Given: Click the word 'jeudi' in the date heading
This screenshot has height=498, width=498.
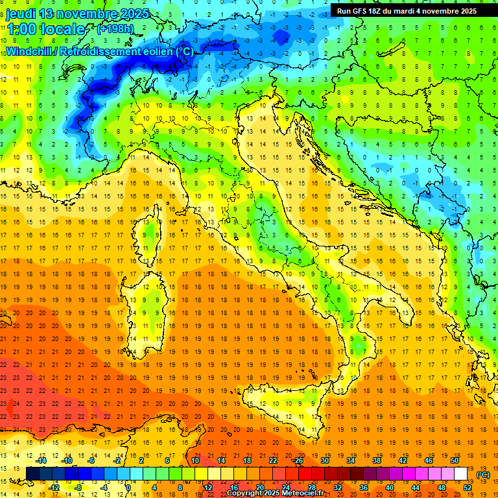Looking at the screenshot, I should pos(20,14).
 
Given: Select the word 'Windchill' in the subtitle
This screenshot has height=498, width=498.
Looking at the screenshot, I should pos(28,51).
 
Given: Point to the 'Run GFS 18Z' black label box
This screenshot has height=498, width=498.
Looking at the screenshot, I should pos(407,10).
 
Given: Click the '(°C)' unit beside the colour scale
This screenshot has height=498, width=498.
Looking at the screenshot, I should pos(483,475).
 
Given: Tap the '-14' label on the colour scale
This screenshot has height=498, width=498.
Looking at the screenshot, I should pos(43,460).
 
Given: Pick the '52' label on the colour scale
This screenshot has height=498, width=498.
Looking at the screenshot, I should pos(468,488).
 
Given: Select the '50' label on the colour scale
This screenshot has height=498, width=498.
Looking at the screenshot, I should pos(454,460).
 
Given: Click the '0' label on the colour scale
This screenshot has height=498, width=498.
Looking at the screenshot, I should pos(128,488).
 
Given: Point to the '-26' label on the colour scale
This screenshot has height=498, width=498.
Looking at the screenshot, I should pos(298,460).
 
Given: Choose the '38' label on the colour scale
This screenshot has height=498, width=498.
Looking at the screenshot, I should pos(376,460).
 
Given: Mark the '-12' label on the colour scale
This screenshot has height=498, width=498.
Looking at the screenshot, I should pos(55,488).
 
